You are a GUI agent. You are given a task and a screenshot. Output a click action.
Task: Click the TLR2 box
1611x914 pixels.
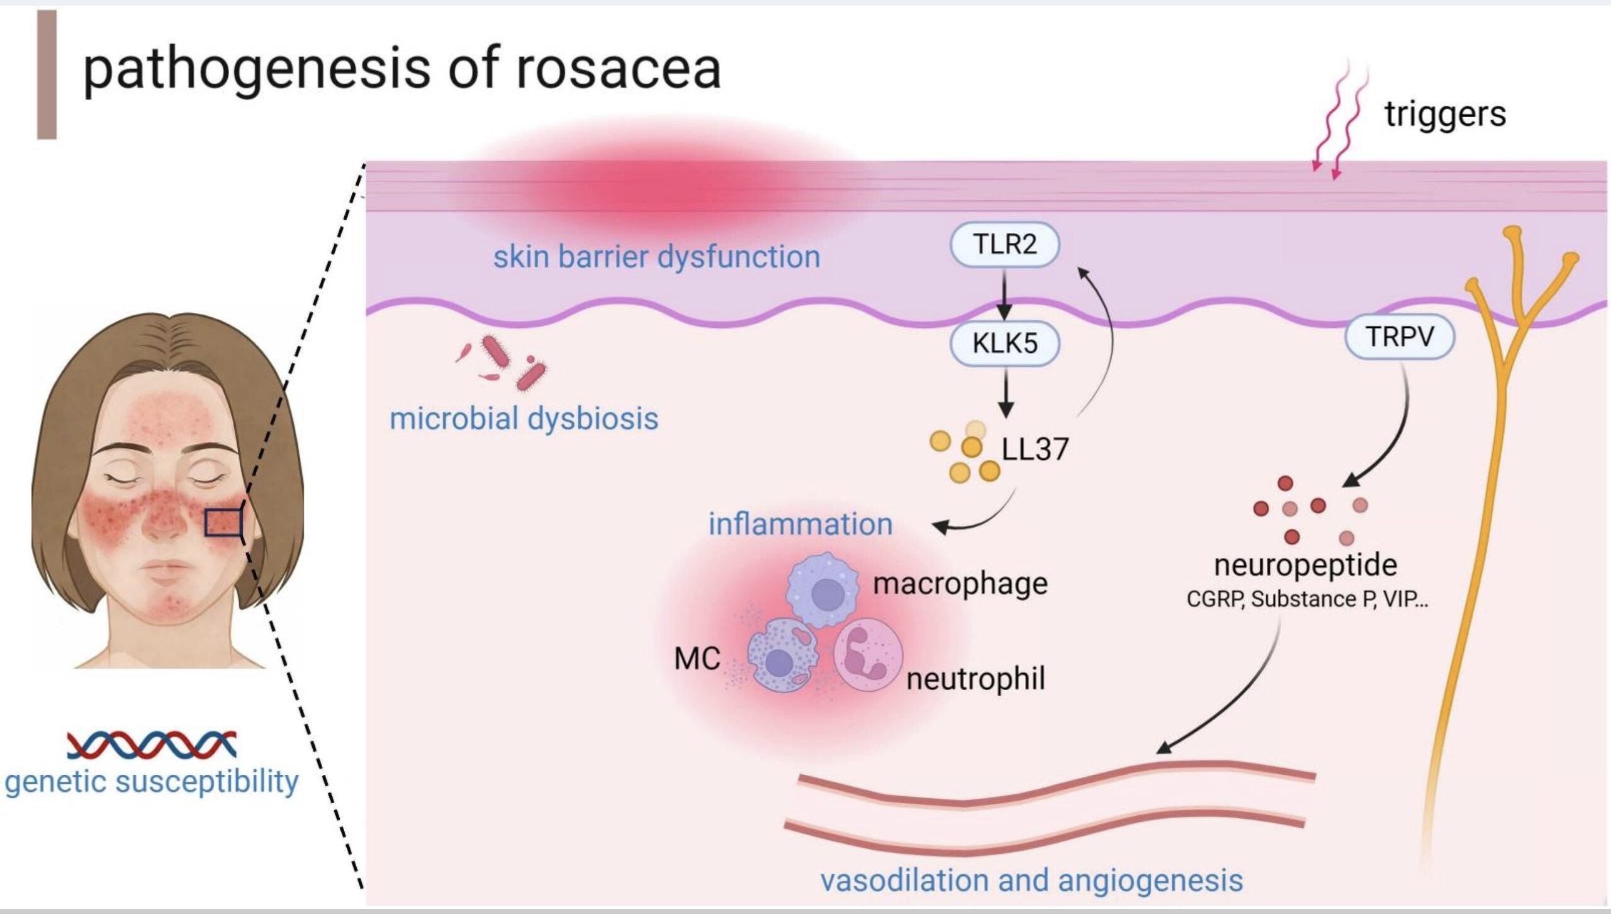tap(1004, 244)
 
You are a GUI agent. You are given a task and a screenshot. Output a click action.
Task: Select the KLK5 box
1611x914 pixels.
tap(1004, 344)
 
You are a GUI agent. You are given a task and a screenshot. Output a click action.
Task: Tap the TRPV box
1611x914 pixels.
tap(1400, 337)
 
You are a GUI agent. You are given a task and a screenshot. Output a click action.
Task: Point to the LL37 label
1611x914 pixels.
tap(1035, 449)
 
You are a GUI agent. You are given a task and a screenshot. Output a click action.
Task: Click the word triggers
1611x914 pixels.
tap(1445, 115)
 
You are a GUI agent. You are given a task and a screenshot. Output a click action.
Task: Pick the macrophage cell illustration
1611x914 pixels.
tap(823, 590)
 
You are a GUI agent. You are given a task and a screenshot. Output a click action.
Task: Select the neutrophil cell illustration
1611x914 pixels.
tap(867, 655)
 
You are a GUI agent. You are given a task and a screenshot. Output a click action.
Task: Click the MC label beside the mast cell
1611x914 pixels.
tap(697, 659)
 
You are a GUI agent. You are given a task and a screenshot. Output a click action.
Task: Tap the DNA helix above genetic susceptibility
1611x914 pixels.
tap(152, 744)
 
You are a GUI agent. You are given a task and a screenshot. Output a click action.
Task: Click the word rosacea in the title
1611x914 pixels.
tap(618, 68)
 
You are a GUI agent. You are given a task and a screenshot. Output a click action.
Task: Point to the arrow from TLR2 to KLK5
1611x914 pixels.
tap(1004, 295)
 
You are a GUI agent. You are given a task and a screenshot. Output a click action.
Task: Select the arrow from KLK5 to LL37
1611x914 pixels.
tap(1006, 393)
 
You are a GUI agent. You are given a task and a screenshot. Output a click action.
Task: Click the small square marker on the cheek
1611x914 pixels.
tap(223, 523)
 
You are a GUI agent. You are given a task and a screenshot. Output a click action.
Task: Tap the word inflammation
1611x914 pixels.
tap(800, 524)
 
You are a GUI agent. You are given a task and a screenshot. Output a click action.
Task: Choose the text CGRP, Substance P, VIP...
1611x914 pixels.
tap(1307, 599)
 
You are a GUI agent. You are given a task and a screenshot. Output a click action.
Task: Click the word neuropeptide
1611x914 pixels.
tap(1306, 565)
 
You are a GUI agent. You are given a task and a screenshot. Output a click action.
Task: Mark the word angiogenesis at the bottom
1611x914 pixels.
tap(1150, 880)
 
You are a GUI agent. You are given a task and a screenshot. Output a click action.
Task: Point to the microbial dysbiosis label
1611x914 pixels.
tap(524, 419)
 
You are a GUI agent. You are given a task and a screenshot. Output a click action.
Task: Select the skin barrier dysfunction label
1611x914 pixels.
tap(656, 257)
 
